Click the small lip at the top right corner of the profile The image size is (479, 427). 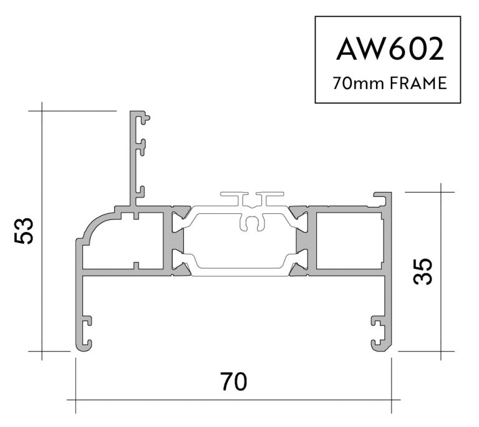click(x=382, y=198)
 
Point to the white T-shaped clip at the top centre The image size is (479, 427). click(x=253, y=199)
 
